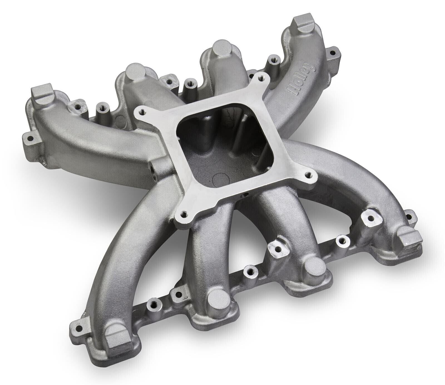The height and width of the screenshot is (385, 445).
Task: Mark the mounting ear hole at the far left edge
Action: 28,137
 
